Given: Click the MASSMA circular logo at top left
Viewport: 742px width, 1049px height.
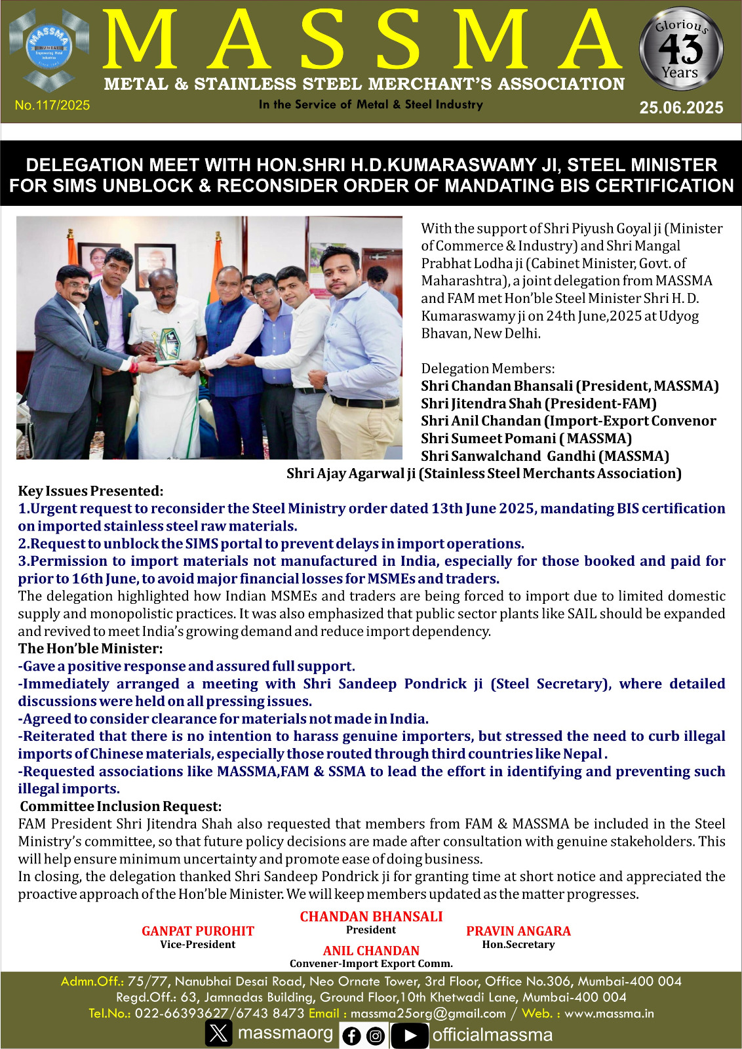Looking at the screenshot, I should coord(49,49).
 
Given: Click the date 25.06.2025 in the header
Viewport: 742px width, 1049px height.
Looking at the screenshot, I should coord(681,108).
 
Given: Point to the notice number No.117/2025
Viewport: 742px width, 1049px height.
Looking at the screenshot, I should coord(52,105).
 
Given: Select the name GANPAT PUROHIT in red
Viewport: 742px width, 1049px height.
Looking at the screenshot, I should coord(197,931).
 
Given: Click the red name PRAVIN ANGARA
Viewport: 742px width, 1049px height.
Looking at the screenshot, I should coord(518,931).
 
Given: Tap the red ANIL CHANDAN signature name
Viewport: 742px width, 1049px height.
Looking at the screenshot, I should coord(371,951).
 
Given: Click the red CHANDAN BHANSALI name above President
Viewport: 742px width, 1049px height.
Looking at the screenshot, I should coord(371,917).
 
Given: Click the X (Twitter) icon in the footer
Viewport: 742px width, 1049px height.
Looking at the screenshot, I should coord(219,1033).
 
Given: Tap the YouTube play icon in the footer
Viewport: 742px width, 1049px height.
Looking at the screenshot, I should coord(410,1035).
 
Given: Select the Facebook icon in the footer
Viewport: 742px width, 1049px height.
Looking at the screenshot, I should coord(352,1036).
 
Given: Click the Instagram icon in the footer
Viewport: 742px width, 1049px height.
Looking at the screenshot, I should coord(376,1036).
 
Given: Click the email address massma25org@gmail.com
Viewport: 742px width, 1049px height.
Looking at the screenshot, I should coord(428,1013).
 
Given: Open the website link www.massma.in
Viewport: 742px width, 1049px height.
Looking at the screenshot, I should coord(609,1013).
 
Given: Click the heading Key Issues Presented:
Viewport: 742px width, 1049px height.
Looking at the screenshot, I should coord(90,491).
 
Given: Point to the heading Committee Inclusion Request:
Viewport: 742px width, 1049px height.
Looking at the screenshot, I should coord(121,806).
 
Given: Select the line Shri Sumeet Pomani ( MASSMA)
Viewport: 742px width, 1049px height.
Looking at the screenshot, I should coord(526,438).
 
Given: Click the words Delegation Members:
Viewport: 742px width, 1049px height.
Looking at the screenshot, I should coord(488,368).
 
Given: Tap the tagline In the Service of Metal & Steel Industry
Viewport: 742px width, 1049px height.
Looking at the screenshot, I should coord(370,104).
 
